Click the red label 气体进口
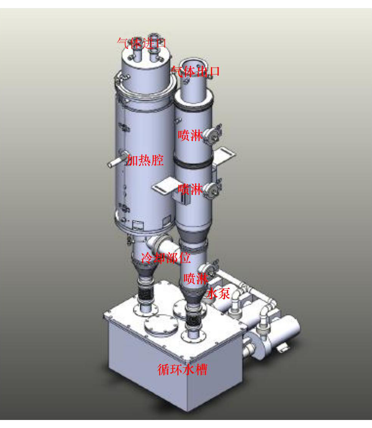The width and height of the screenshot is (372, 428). coord(142,43)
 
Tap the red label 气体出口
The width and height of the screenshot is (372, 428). coord(196,71)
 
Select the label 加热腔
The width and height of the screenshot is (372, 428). coord(145,160)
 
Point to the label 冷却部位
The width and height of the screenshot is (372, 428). coord(166,258)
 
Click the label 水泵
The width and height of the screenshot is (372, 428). coord(218,294)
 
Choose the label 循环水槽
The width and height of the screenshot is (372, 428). coord(182,370)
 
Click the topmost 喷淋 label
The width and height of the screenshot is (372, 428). coord(190,135)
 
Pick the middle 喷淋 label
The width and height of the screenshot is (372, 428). coord(190,189)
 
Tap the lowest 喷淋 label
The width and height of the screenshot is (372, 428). coord(196,279)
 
